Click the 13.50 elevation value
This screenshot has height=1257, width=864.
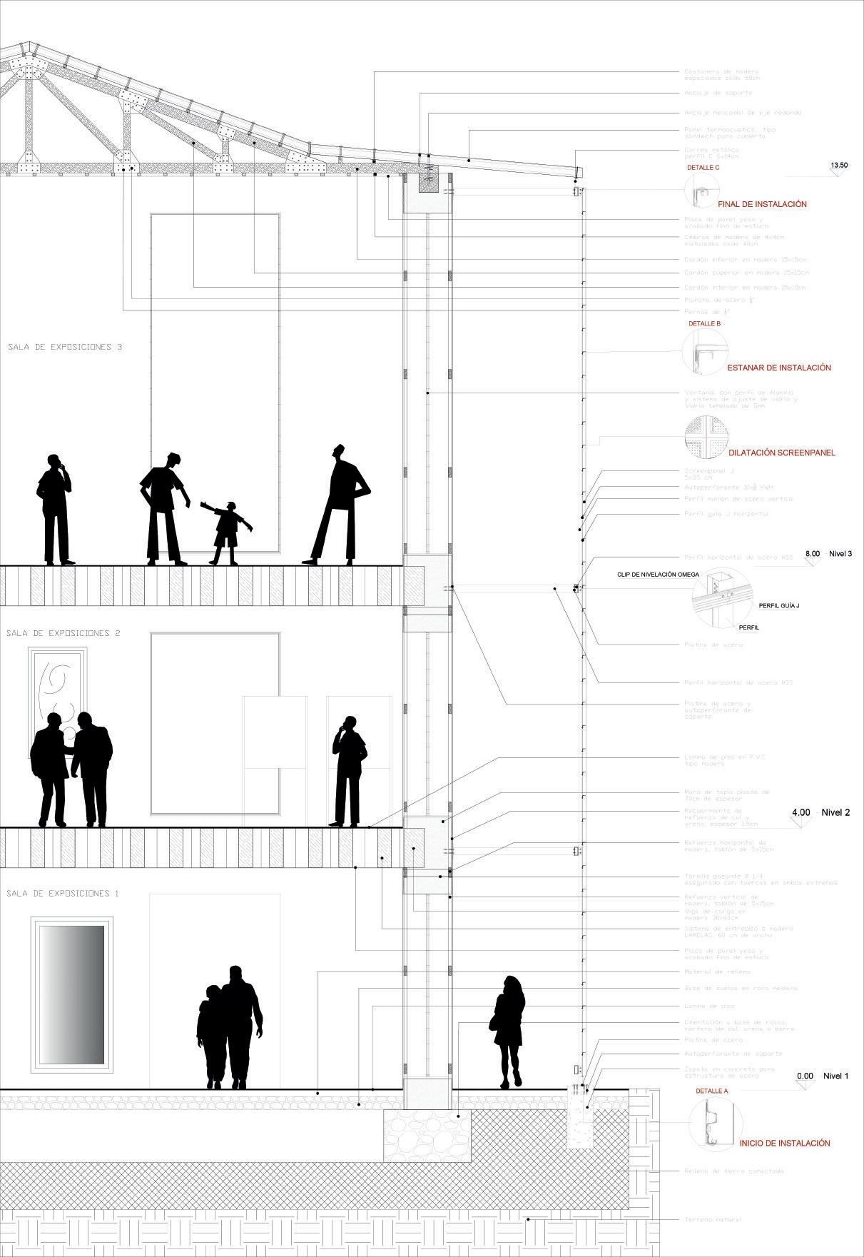839,165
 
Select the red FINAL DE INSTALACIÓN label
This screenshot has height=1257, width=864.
762,204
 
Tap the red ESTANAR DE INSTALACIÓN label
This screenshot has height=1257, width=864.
779,368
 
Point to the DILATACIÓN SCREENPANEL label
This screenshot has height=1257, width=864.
781,453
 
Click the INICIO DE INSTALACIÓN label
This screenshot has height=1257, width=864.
785,1143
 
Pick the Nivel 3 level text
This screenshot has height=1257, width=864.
840,553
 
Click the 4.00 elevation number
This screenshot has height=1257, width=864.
801,812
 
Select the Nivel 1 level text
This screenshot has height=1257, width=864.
836,1076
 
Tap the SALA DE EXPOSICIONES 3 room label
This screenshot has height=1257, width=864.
65,348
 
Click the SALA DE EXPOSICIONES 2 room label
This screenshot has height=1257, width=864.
63,633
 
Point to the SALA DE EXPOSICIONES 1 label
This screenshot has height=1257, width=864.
63,894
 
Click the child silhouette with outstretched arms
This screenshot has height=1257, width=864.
227,532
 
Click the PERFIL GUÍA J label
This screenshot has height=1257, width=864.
779,606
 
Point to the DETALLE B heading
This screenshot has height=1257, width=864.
704,323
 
